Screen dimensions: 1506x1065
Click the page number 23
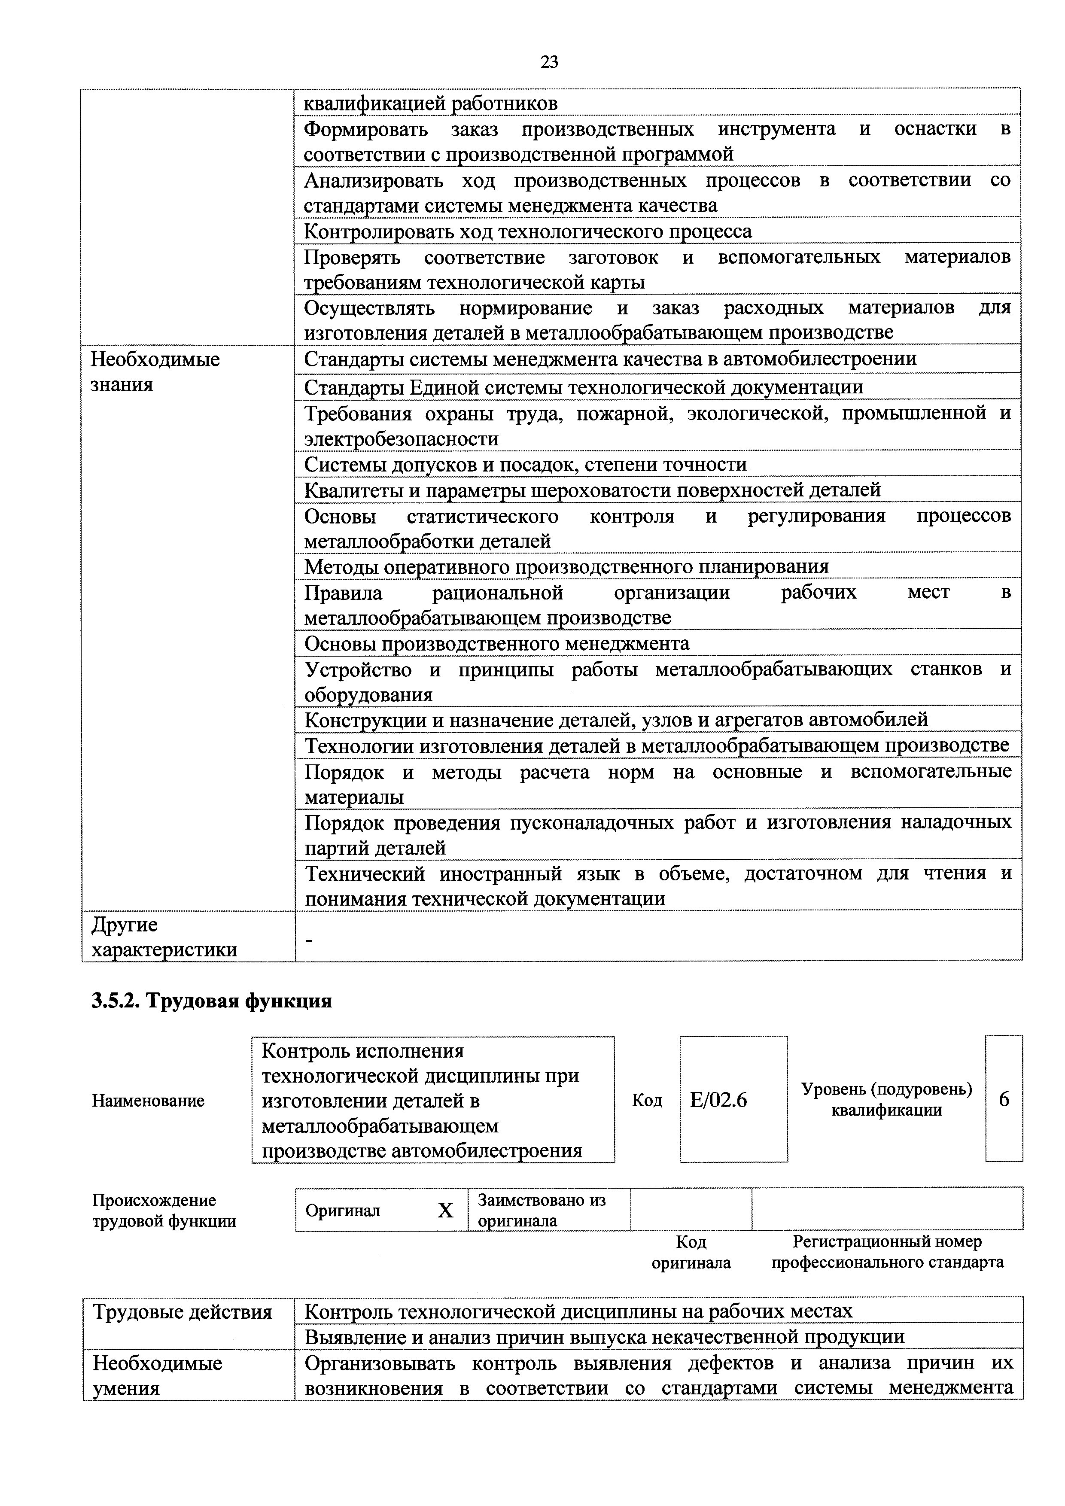(x=549, y=62)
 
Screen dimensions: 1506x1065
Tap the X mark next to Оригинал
(x=445, y=1210)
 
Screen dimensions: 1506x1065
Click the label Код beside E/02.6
(x=647, y=1101)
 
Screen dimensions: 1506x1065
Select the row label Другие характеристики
(x=164, y=937)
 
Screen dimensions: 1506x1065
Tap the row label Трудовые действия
(x=183, y=1312)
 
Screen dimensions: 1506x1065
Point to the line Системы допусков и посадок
(x=525, y=464)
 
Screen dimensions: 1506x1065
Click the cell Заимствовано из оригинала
(x=542, y=1210)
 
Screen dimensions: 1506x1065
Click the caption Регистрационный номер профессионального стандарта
(x=887, y=1252)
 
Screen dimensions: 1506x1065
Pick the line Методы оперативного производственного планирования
(x=566, y=566)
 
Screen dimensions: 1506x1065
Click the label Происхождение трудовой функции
(x=164, y=1210)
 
